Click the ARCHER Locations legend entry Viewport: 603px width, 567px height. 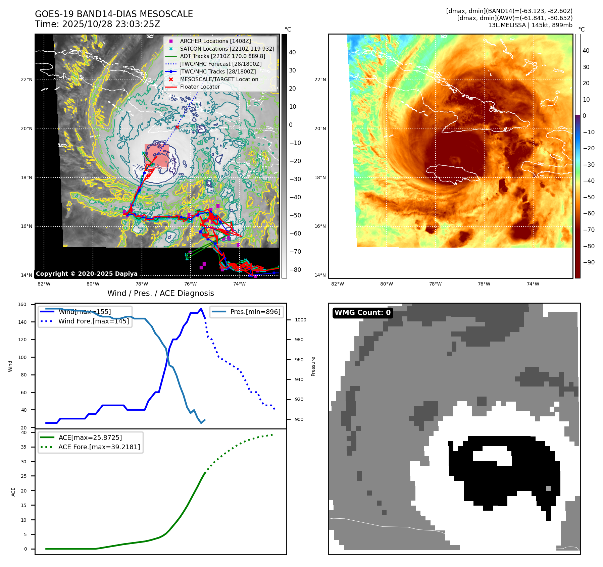pyautogui.click(x=215, y=41)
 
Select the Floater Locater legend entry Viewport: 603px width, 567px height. pyautogui.click(x=200, y=87)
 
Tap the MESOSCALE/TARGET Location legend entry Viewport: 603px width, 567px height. pyautogui.click(x=219, y=79)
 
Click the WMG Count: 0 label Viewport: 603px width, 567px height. pyautogui.click(x=362, y=313)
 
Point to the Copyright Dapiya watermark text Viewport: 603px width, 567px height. pyautogui.click(x=87, y=274)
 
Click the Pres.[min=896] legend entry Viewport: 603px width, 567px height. pyautogui.click(x=255, y=312)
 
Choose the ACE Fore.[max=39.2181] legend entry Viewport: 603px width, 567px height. pyautogui.click(x=99, y=447)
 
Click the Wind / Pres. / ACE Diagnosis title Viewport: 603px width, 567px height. pyautogui.click(x=160, y=293)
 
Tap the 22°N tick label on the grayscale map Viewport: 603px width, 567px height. pyautogui.click(x=27, y=80)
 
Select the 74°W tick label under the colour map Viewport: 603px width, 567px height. pyautogui.click(x=533, y=284)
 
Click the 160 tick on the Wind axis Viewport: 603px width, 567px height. pyautogui.click(x=22, y=304)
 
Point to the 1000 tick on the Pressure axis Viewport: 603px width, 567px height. pyautogui.click(x=300, y=320)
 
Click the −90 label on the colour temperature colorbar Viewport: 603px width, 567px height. pyautogui.click(x=589, y=262)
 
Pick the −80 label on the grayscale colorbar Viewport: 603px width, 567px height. pyautogui.click(x=295, y=270)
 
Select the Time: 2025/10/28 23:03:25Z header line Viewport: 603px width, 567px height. pyautogui.click(x=97, y=24)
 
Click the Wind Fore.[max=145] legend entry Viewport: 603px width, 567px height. pyautogui.click(x=93, y=321)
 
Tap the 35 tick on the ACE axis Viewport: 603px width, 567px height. pyautogui.click(x=23, y=447)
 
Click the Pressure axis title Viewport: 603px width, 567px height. pyautogui.click(x=313, y=366)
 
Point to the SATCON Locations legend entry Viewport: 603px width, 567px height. pyautogui.click(x=227, y=49)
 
